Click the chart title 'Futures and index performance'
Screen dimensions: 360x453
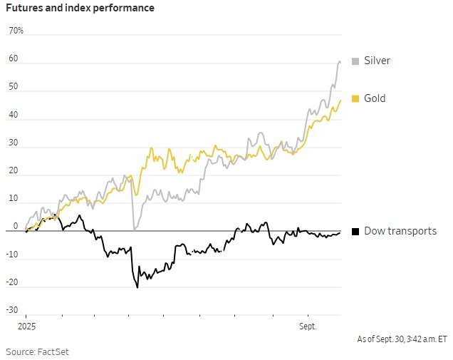point(80,8)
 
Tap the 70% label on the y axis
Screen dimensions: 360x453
point(16,31)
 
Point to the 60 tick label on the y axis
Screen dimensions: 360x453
point(13,59)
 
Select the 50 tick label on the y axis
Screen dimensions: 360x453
point(13,87)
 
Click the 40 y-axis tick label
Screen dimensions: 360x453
point(13,115)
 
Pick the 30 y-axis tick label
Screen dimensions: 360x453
point(13,143)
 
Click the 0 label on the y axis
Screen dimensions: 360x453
point(15,226)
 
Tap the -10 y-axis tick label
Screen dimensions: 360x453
point(12,254)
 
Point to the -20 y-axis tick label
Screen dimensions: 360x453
point(12,282)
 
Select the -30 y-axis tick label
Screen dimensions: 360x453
point(12,309)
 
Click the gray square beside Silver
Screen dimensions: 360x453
point(355,61)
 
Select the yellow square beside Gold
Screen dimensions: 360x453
point(355,98)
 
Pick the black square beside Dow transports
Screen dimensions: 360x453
point(355,231)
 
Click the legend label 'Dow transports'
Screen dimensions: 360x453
point(400,231)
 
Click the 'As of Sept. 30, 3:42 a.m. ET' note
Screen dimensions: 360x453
point(402,339)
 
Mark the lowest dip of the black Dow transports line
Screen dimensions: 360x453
point(137,287)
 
